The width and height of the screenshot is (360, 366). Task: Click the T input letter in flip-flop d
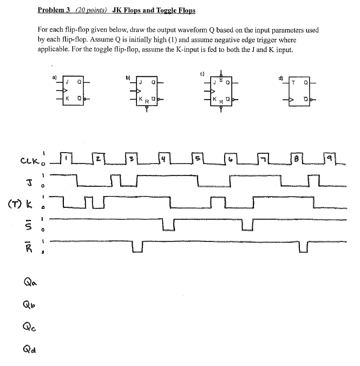[x=293, y=83]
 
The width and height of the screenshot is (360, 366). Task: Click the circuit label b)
[x=128, y=77]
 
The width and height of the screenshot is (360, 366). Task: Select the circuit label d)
[x=280, y=77]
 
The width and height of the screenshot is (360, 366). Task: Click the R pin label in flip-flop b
[x=146, y=101]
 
